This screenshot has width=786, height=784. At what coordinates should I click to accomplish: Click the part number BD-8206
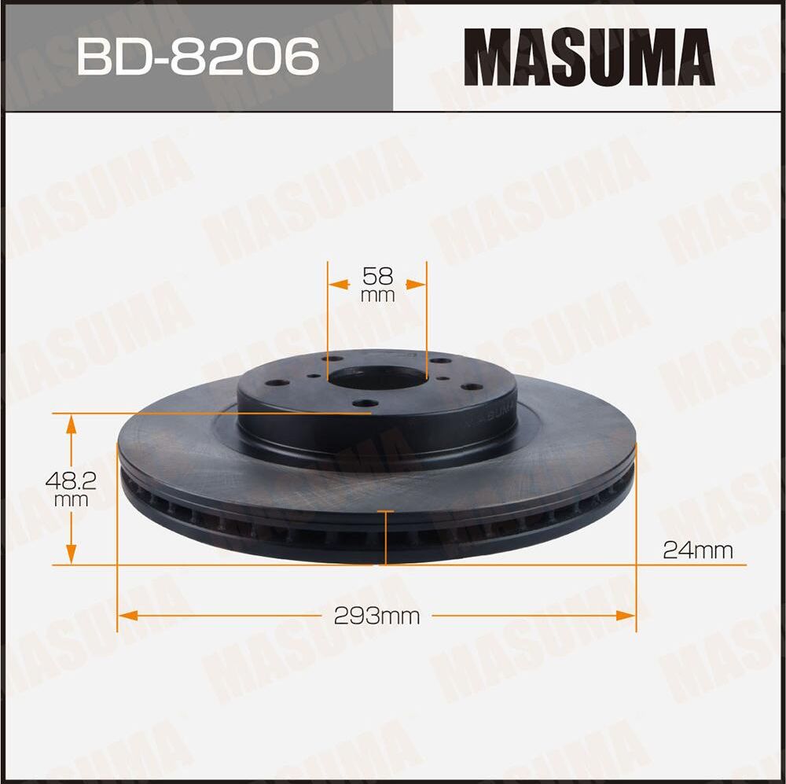197,56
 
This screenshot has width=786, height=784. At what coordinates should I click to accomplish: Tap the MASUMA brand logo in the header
589,57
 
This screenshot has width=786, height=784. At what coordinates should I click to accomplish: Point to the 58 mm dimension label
377,284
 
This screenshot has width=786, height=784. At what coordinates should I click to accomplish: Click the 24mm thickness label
698,550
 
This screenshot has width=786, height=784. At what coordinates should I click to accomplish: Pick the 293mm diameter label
376,616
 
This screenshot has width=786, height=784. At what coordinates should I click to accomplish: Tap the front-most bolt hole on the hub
363,404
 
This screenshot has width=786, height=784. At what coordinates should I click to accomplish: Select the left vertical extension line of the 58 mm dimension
327,315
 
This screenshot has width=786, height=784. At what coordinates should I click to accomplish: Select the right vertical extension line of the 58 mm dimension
427,315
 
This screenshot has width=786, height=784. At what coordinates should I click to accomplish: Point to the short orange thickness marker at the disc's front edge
385,537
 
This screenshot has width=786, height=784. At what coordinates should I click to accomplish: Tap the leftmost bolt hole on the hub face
275,385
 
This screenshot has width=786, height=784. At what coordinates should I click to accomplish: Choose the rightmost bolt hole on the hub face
469,386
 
